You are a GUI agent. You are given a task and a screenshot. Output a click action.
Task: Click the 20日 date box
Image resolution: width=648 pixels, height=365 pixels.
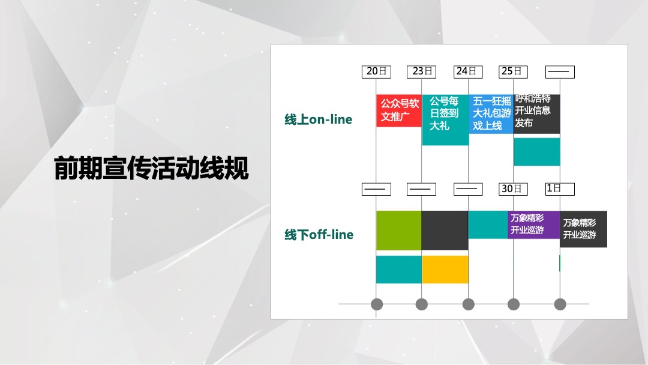376,71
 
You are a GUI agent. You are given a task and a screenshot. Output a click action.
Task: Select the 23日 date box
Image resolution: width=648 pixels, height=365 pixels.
422,71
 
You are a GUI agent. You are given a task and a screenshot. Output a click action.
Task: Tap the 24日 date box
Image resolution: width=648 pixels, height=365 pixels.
468,71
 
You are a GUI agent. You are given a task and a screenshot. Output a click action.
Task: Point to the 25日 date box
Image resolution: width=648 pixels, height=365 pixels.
514,71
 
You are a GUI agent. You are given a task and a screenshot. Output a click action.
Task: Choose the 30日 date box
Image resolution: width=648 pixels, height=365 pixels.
514,189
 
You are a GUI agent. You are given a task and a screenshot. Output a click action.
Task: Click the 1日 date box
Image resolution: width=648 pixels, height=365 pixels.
560,189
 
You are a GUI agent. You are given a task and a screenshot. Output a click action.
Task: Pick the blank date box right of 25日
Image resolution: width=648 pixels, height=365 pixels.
560,71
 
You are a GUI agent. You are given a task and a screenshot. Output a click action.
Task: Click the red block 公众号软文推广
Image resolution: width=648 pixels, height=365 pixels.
399,110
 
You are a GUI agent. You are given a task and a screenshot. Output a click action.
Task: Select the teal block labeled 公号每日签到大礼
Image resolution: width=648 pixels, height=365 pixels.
445,119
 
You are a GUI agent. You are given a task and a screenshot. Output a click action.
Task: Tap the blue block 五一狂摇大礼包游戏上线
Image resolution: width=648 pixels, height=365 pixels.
491,113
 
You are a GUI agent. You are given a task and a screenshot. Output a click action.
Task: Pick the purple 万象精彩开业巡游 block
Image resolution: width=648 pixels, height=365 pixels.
533,225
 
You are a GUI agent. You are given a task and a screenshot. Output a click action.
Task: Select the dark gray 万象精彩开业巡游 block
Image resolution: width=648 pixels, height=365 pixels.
583,229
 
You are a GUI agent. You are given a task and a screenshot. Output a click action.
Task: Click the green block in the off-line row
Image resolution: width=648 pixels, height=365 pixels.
399,230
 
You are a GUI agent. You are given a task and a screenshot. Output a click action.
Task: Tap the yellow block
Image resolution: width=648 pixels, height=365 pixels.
445,270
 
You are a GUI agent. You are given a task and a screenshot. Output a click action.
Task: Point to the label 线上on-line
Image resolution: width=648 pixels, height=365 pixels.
318,119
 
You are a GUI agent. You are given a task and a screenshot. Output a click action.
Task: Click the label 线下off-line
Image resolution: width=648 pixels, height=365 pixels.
319,235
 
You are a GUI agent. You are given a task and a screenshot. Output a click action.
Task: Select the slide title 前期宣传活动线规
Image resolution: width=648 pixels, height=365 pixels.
151,169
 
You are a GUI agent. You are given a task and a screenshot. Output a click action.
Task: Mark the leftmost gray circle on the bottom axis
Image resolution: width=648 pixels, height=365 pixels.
376,304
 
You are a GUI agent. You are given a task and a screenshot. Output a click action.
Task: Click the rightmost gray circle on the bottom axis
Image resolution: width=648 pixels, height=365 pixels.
560,304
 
